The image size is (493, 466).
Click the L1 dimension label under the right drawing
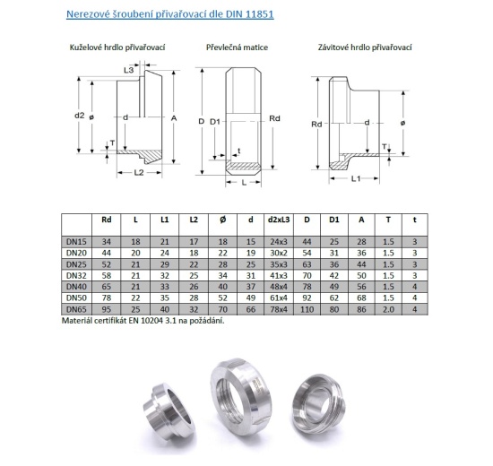[x=355, y=179]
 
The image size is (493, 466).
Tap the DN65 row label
[x=75, y=308]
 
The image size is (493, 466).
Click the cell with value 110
[x=307, y=308]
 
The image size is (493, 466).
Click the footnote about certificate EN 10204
[x=143, y=320]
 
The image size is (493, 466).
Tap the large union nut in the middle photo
[x=246, y=400]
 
